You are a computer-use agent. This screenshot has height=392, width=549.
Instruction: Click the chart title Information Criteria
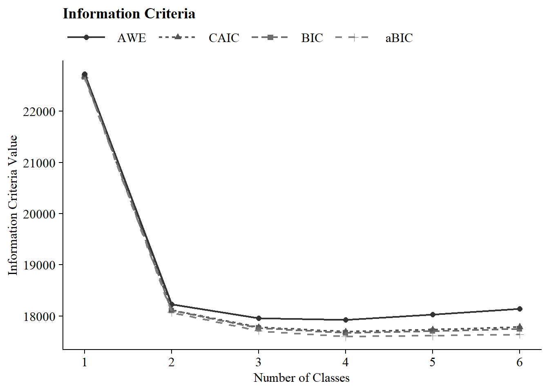pos(129,14)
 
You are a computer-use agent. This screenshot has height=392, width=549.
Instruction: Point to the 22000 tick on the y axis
pos(39,111)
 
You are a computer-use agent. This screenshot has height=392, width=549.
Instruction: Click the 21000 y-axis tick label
pos(39,163)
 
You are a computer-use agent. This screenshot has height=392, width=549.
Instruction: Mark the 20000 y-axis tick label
pos(39,214)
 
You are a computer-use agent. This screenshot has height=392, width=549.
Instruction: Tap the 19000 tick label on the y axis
pos(39,265)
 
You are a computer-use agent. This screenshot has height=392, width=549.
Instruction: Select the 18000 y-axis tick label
pos(39,316)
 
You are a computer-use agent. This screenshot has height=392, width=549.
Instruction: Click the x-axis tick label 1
pos(85,362)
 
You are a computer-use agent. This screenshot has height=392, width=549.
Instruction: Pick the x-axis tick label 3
pos(259,362)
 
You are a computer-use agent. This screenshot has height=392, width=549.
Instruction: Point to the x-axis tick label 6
pos(520,362)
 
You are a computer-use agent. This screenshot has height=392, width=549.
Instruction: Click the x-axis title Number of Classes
pos(301,378)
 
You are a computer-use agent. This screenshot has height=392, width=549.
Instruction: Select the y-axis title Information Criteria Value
pos(13,205)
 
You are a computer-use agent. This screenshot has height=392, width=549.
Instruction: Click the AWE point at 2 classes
pos(172,304)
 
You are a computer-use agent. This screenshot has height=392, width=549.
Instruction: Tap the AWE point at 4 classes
pos(346,320)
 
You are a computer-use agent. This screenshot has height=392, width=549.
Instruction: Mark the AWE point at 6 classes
pos(520,309)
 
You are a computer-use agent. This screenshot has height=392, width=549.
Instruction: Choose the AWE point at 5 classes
pos(433,314)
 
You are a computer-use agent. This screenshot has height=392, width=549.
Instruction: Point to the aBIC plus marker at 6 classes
pos(520,335)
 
